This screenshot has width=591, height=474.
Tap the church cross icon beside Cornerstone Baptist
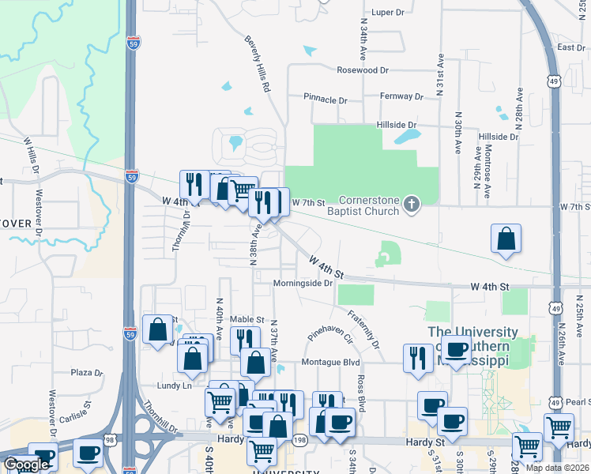tap(410, 205)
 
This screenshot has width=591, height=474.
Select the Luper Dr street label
tap(387, 13)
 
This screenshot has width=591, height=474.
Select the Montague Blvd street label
tap(330, 363)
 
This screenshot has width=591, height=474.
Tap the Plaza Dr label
tap(88, 372)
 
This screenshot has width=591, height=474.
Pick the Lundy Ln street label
tap(175, 386)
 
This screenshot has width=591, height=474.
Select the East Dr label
tap(570, 48)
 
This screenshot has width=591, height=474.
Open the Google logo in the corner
tap(25, 465)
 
